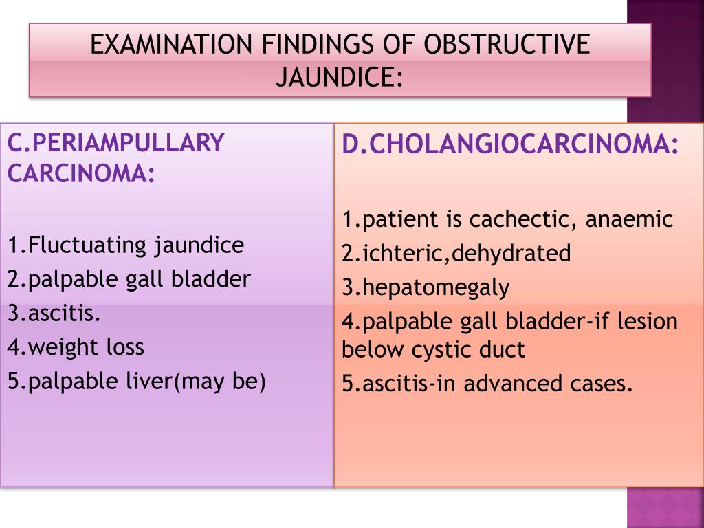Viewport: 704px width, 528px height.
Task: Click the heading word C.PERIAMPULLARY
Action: point(116,142)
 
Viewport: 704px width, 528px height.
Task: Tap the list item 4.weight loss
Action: point(76,346)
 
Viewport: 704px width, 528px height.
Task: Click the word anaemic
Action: point(630,220)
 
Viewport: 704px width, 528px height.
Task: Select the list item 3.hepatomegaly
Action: point(426,287)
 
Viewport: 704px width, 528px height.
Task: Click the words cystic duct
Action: point(469,350)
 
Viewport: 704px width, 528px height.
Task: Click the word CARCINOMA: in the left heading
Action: point(81,173)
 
